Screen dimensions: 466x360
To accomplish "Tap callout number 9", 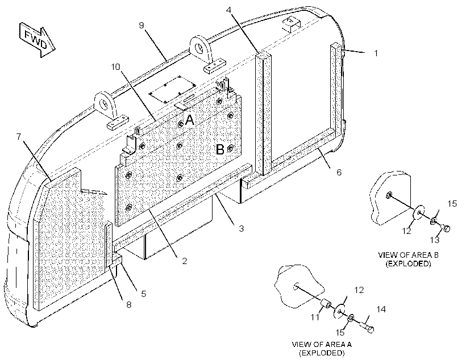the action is click(142, 25).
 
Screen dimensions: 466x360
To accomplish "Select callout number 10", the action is click(115, 66).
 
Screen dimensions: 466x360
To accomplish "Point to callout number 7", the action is click(19, 137).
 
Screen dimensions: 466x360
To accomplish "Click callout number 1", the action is click(376, 53).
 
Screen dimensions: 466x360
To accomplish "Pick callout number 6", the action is click(339, 172).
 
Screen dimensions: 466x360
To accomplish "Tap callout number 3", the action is click(242, 228).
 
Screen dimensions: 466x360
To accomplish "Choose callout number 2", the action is click(184, 261).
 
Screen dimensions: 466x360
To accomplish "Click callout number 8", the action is click(128, 304).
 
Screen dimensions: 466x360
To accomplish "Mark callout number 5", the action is click(144, 294).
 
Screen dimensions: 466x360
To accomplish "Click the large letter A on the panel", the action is click(189, 120).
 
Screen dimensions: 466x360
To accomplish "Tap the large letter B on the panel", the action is click(220, 149).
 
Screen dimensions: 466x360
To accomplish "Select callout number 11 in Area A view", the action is click(315, 317).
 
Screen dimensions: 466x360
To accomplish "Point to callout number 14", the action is click(381, 309).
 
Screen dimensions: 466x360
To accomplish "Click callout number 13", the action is click(435, 240).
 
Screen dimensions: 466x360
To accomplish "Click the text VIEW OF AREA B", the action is click(408, 255).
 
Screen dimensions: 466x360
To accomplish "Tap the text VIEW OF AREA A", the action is click(322, 344).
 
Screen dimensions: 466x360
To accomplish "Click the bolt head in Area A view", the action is click(371, 329).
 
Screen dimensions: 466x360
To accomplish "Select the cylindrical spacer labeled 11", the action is click(326, 304).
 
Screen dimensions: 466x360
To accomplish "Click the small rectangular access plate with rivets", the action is click(173, 89).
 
